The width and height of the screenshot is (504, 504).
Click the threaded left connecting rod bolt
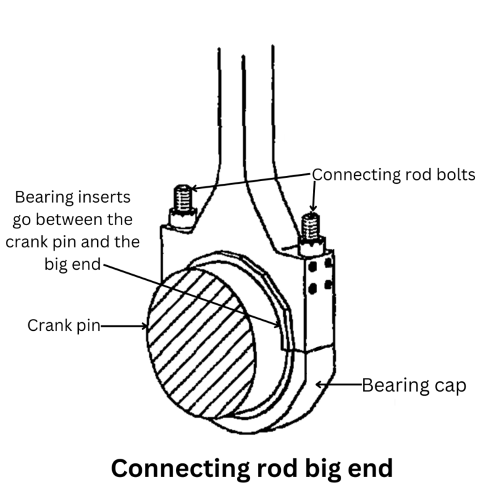[x=183, y=197]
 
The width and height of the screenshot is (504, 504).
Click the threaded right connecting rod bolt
[x=310, y=226]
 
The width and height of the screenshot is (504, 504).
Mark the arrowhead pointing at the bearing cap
[x=318, y=385]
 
